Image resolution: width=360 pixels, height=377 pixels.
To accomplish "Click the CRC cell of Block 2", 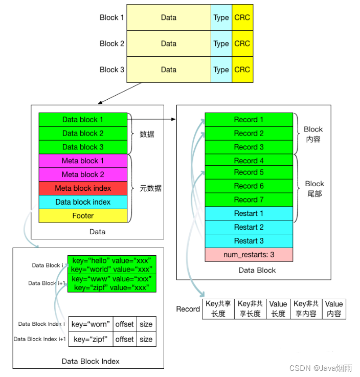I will [242, 43].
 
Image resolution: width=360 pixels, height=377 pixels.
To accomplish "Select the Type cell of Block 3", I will [221, 70].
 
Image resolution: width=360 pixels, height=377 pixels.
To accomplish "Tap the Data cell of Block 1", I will [168, 17].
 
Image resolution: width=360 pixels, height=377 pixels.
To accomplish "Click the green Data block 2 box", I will [83, 134].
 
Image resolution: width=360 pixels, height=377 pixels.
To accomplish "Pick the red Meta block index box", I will [83, 188].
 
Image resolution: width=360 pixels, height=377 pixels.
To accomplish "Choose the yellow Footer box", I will [83, 216].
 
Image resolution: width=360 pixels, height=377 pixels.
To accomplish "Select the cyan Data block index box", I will [83, 202].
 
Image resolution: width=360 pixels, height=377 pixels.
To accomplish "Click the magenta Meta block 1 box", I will [83, 161].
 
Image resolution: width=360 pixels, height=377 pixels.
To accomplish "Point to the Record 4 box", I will [249, 161].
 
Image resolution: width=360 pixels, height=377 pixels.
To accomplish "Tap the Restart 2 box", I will [249, 227].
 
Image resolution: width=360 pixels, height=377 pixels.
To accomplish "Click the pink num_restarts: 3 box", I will [249, 254].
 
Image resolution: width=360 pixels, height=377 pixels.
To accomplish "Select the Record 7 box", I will [249, 199].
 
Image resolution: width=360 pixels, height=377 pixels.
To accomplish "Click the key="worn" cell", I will [91, 324].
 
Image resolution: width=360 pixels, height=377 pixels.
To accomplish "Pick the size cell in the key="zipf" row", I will [146, 339].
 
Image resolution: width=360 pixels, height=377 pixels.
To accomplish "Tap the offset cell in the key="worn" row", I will [125, 324].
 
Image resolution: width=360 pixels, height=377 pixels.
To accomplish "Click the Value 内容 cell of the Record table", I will [334, 309].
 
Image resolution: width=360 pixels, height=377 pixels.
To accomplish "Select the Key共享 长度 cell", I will [218, 309].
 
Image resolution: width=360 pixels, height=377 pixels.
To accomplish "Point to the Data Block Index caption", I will [91, 361].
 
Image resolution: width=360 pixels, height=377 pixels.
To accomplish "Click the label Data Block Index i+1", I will [40, 339].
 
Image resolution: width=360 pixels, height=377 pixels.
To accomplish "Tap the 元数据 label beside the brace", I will [150, 188].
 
